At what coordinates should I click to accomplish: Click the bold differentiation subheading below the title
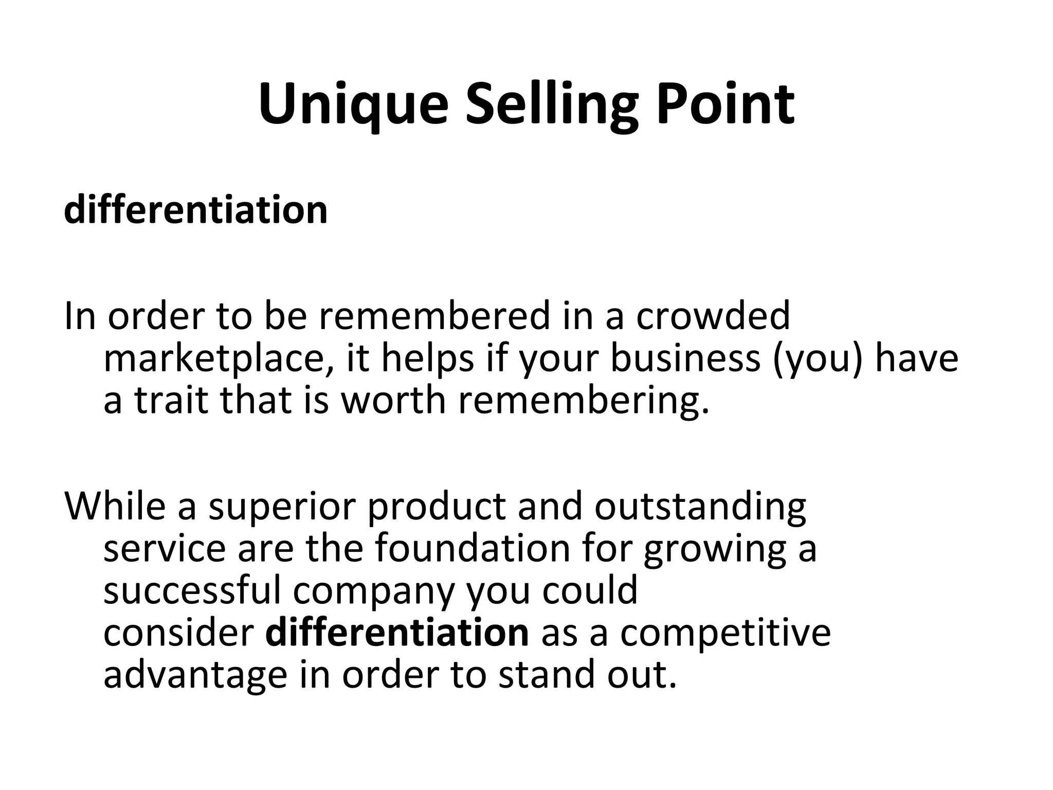pyautogui.click(x=195, y=210)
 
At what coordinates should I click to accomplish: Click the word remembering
pyautogui.click(x=584, y=401)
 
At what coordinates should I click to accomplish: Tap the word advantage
pyautogui.click(x=195, y=676)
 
